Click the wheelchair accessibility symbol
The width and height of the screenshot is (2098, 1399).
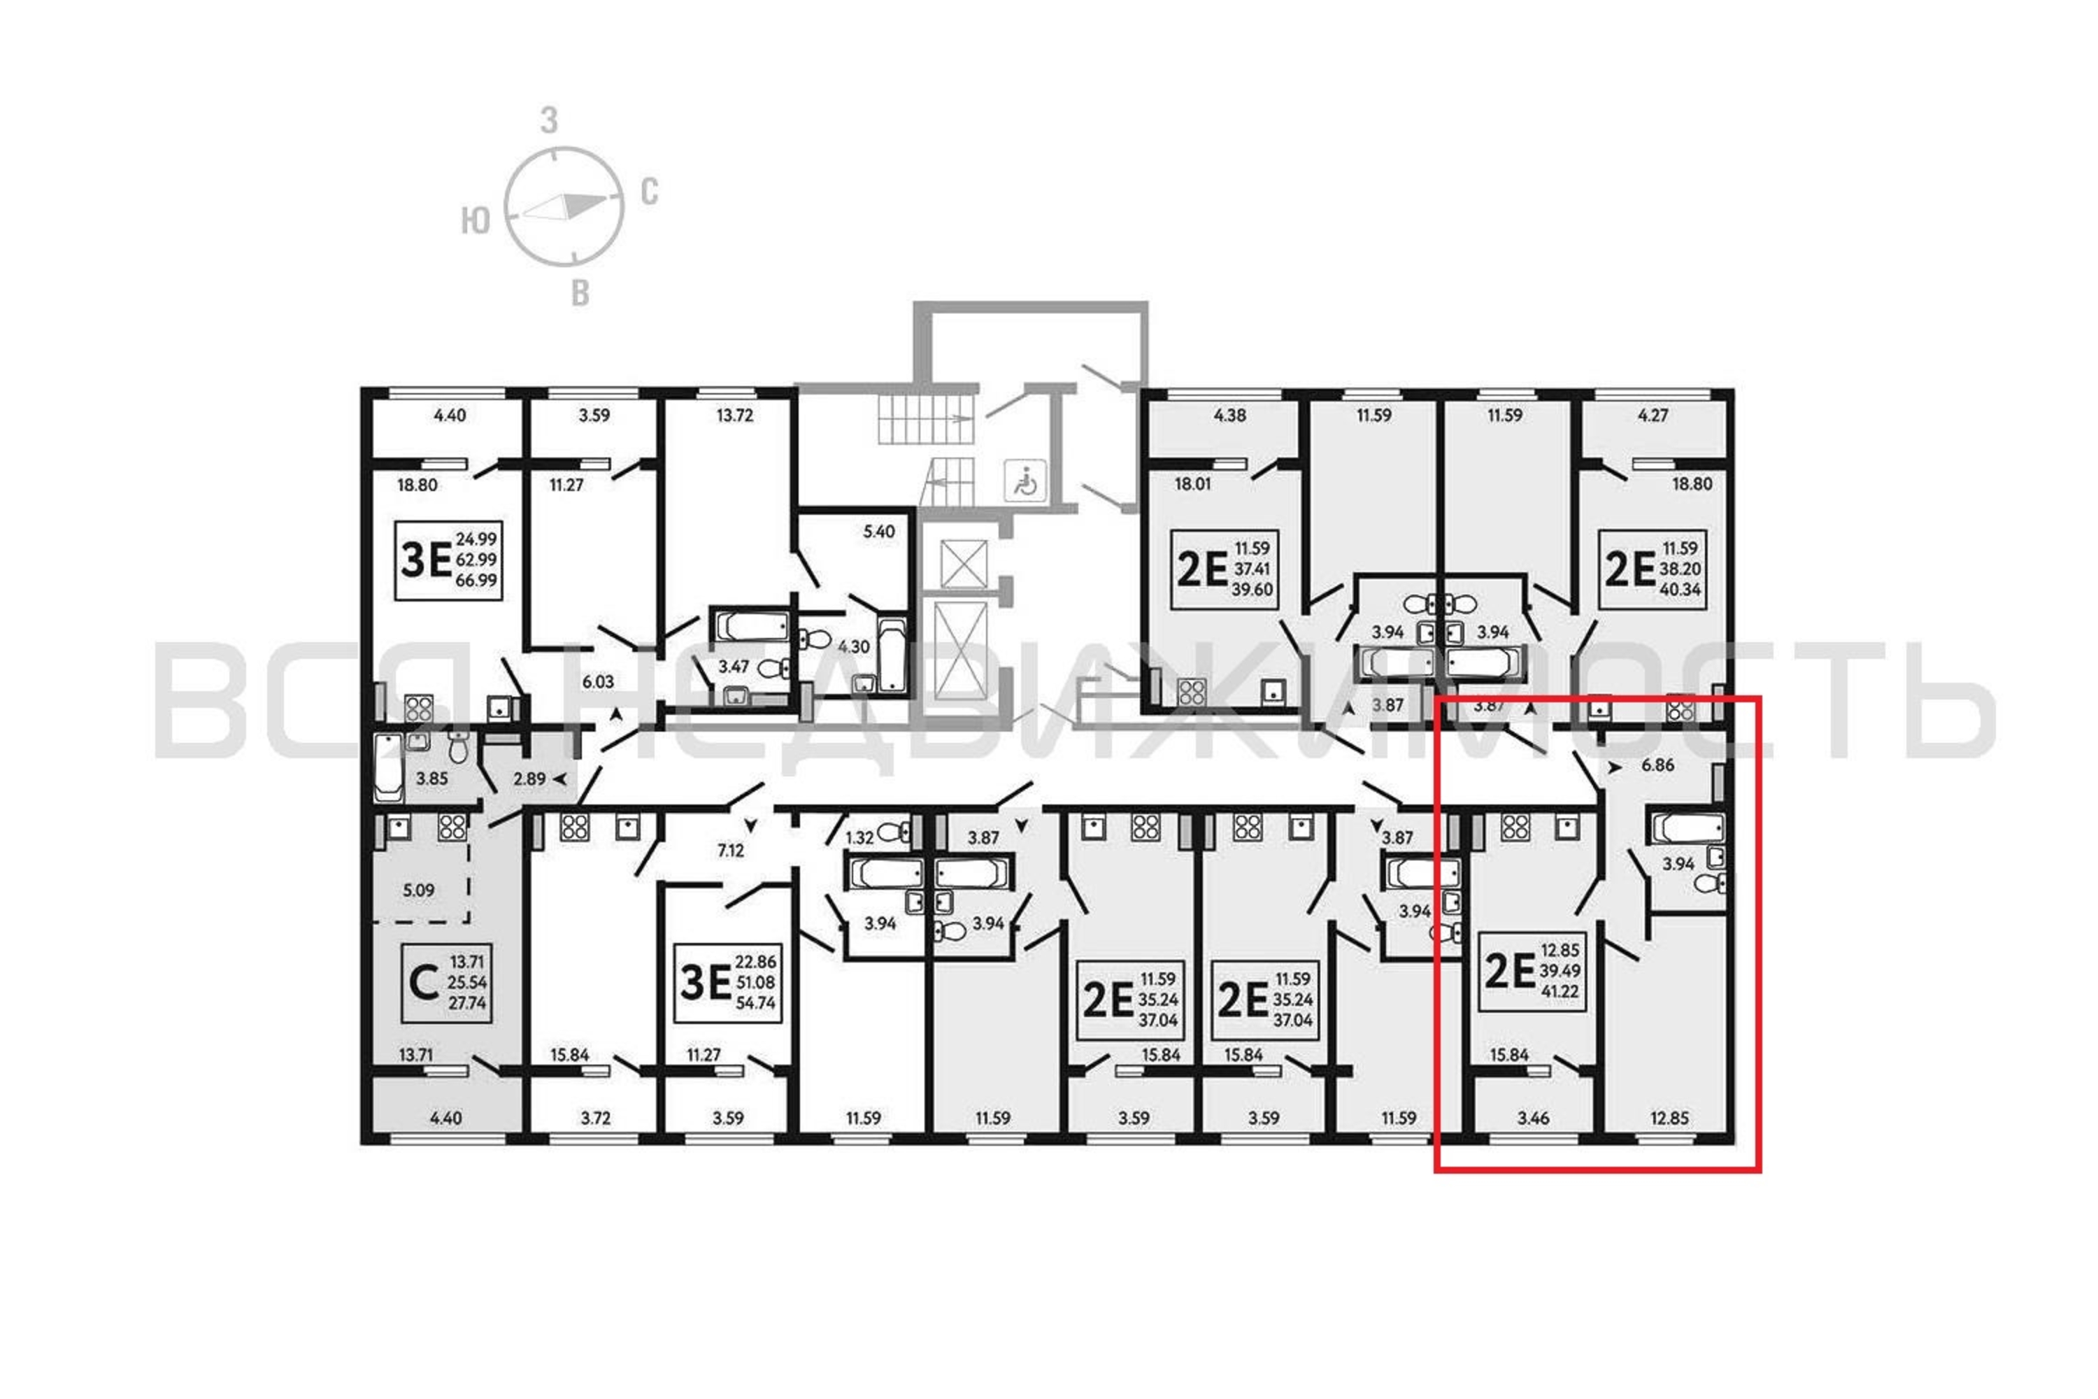click(x=1025, y=482)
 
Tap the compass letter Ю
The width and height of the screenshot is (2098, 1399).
click(x=476, y=220)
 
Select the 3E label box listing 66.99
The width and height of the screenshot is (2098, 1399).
click(x=449, y=560)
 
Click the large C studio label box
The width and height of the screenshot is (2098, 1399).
click(x=446, y=982)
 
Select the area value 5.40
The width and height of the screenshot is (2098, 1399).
click(x=878, y=532)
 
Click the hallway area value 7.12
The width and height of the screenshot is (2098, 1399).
click(x=731, y=851)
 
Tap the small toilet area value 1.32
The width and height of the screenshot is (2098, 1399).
click(x=860, y=838)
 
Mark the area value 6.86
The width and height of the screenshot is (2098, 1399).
click(x=1658, y=765)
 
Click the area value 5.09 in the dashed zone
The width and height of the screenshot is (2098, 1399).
click(x=418, y=890)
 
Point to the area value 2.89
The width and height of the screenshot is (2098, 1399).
click(x=529, y=779)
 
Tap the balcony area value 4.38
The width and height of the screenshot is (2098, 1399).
click(x=1230, y=415)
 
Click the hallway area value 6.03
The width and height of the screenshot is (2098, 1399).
click(x=598, y=681)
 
